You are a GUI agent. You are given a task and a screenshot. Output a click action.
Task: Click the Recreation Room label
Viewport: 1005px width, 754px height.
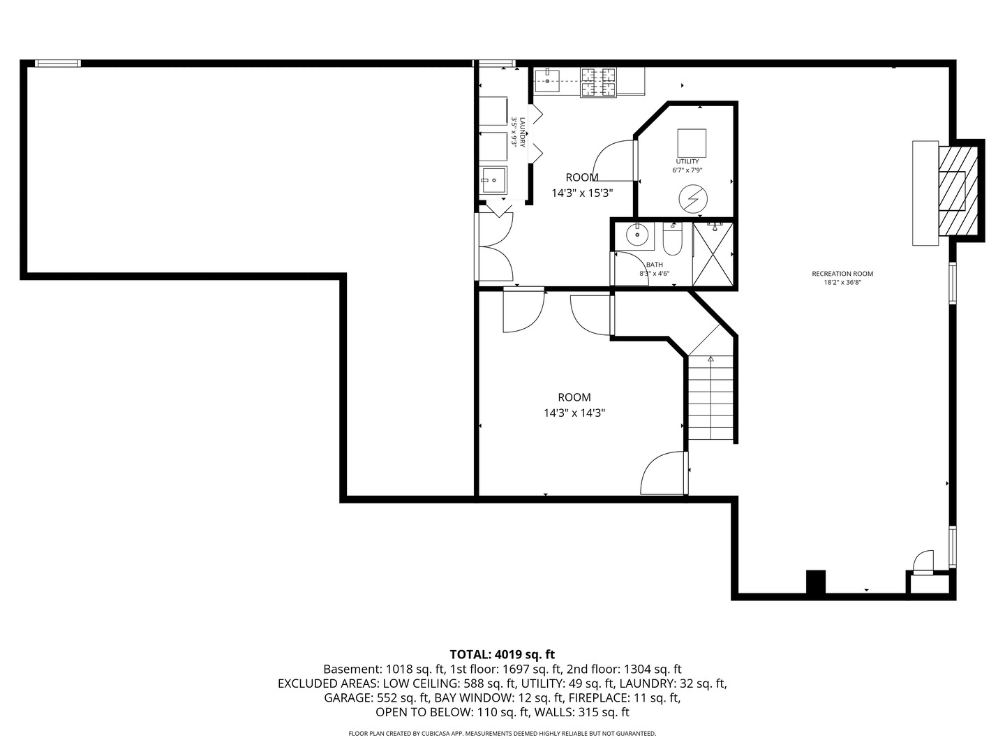(x=842, y=274)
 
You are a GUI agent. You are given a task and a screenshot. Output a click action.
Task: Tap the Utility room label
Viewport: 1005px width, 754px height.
(x=687, y=161)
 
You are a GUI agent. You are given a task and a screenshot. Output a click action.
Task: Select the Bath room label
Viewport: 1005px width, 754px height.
(x=654, y=265)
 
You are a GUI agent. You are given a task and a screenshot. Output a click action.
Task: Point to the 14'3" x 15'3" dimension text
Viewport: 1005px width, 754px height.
(x=582, y=193)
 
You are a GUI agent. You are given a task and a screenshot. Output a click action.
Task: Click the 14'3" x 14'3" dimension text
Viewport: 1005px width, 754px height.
(x=574, y=413)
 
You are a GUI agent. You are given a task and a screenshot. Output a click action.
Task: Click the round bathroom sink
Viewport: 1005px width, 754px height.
(x=637, y=235)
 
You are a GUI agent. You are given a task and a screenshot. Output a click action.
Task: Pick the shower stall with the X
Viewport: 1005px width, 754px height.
(x=713, y=254)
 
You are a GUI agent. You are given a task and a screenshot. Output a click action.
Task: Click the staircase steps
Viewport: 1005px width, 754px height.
(x=710, y=398)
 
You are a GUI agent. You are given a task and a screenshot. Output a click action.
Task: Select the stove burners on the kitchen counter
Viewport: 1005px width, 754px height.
(x=599, y=82)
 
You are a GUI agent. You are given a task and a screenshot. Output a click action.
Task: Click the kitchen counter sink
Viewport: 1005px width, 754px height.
(x=549, y=81)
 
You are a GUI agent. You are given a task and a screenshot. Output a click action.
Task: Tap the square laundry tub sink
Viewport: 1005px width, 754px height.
(x=493, y=180)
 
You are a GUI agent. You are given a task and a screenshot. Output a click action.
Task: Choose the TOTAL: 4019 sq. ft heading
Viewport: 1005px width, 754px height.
(x=502, y=654)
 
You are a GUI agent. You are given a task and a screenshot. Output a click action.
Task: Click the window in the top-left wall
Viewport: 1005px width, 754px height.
(x=58, y=64)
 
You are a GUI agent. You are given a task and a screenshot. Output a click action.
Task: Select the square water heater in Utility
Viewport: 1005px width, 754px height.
(x=692, y=143)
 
